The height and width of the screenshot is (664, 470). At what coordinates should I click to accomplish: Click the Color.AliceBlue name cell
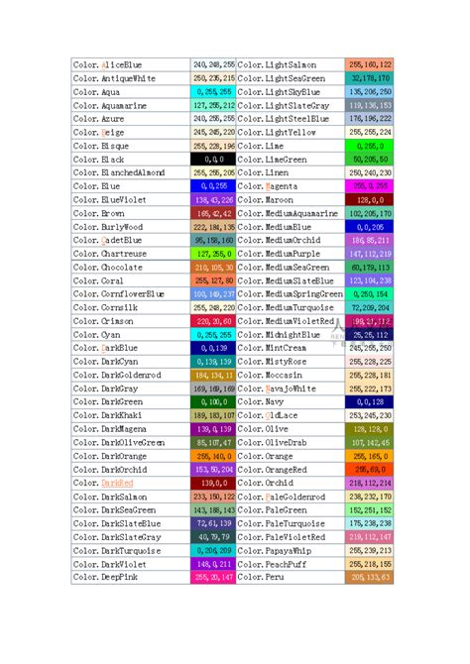tap(109, 64)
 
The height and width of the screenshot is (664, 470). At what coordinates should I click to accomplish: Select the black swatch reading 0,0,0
tap(213, 159)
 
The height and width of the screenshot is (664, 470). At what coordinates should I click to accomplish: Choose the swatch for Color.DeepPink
tap(213, 576)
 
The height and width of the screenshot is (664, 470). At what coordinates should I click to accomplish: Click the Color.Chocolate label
tap(108, 267)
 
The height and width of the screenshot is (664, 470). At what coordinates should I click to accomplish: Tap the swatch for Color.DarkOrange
tap(213, 455)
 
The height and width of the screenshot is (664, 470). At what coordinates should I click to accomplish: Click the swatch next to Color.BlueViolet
tap(213, 199)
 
